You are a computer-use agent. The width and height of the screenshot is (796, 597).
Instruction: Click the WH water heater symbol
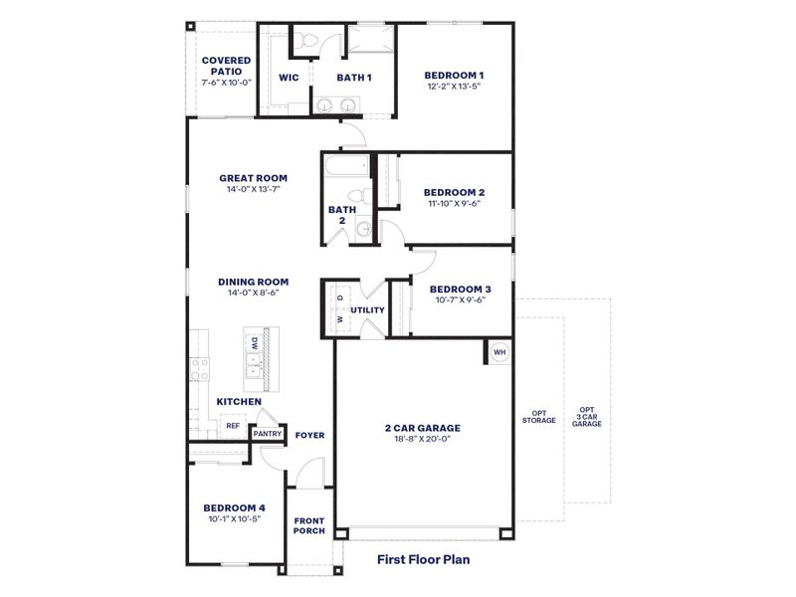click(x=499, y=352)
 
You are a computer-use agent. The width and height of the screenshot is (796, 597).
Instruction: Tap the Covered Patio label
click(x=226, y=66)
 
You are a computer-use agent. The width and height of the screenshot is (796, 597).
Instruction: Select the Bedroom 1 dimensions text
click(x=454, y=87)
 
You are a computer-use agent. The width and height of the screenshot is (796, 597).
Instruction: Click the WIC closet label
click(x=290, y=78)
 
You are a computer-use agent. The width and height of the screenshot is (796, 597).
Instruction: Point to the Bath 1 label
click(x=353, y=78)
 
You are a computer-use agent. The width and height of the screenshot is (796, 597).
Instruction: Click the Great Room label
click(x=253, y=179)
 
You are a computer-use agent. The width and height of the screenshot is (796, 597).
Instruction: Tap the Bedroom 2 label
click(x=454, y=192)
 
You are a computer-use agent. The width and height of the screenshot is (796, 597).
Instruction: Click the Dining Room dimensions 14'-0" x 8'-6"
click(x=253, y=294)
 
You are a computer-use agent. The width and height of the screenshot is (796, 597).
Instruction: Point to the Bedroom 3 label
click(x=461, y=290)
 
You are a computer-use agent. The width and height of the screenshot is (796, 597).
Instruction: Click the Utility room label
click(x=367, y=309)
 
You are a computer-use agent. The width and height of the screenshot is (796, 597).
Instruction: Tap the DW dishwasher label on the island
click(x=255, y=343)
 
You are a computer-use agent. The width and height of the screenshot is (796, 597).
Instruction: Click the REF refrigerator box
click(x=232, y=426)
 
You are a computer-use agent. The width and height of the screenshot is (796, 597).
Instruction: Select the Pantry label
click(x=267, y=434)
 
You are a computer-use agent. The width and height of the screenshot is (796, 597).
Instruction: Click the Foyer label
click(x=310, y=436)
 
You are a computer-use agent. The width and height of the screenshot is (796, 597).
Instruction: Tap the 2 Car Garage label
click(x=423, y=429)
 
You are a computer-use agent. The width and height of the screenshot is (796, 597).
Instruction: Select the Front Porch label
click(x=308, y=525)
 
